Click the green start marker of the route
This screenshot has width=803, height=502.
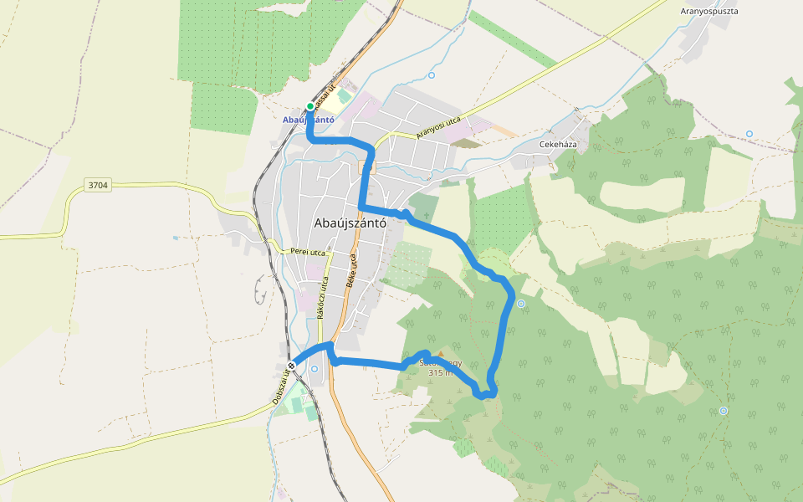(310, 106)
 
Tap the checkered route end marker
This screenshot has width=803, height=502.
(291, 366)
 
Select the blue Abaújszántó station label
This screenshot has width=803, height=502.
(309, 120)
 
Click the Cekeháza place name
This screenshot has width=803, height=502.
(557, 144)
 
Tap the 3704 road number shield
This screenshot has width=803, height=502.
(97, 185)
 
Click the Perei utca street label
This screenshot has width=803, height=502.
(307, 252)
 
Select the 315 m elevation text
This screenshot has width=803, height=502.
(440, 373)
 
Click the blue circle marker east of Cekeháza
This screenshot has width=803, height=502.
(749, 134)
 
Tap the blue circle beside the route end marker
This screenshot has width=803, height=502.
(315, 369)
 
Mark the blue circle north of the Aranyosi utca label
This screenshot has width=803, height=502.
(432, 75)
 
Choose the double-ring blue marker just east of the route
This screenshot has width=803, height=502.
(521, 304)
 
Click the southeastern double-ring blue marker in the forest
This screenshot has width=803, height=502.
(724, 411)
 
